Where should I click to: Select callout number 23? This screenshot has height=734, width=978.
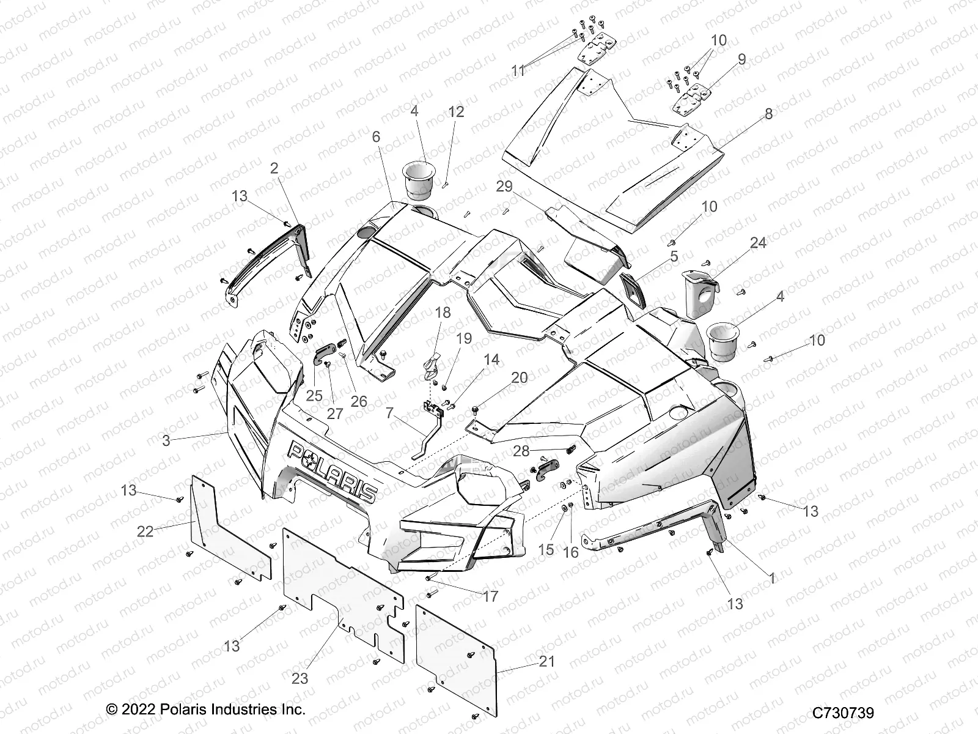click(x=300, y=678)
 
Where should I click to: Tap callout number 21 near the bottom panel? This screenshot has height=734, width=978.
click(x=547, y=661)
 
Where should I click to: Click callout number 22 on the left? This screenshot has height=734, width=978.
click(x=145, y=532)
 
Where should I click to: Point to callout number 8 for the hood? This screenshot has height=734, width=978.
click(x=768, y=114)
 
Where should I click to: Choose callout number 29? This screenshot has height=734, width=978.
click(x=504, y=187)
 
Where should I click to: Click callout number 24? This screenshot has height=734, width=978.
click(x=758, y=243)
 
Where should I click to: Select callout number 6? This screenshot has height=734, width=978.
click(x=376, y=137)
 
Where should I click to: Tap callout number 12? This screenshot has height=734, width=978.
click(x=456, y=111)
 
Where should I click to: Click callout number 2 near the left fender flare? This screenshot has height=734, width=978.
click(x=274, y=169)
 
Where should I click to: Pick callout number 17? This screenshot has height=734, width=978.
click(x=490, y=596)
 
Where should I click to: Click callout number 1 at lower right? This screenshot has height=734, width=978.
click(x=772, y=578)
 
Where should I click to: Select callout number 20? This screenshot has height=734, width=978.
click(x=519, y=378)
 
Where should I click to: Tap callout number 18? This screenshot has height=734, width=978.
click(x=443, y=313)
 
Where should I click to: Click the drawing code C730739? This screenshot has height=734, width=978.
click(x=843, y=713)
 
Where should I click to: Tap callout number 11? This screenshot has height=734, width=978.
click(x=518, y=71)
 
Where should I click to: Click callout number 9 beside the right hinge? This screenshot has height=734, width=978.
click(x=741, y=59)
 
